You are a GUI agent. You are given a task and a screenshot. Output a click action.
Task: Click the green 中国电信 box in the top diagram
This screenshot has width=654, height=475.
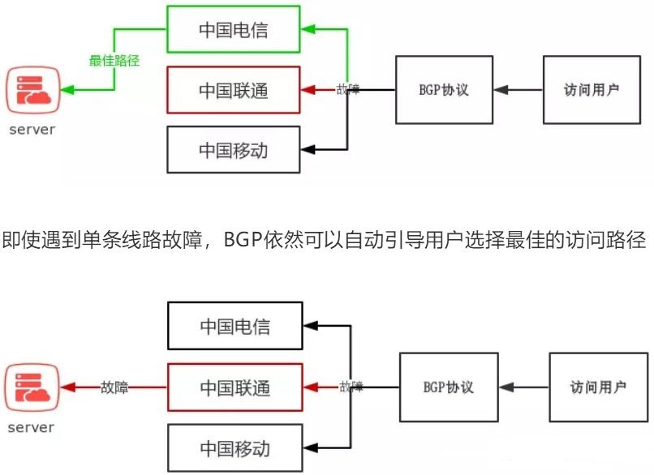tap(233, 31)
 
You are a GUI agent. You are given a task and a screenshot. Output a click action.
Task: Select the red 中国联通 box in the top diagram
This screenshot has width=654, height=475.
tap(233, 90)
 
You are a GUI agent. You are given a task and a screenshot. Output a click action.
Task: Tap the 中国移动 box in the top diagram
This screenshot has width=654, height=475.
tap(233, 150)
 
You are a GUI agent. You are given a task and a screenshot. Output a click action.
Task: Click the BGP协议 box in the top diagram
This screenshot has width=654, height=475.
tap(444, 89)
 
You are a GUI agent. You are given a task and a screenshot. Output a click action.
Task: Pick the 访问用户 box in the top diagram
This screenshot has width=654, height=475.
tap(592, 89)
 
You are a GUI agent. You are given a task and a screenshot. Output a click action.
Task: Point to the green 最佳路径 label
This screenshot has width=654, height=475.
tap(114, 60)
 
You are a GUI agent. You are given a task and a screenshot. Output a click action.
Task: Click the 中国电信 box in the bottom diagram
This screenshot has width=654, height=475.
tap(234, 327)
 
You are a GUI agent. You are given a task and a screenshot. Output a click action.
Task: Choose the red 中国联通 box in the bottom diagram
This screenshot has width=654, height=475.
tap(234, 387)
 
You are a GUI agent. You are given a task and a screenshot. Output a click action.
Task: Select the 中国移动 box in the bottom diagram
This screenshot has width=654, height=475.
tap(234, 447)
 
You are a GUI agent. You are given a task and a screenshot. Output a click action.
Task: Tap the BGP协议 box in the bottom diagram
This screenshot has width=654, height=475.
tap(449, 387)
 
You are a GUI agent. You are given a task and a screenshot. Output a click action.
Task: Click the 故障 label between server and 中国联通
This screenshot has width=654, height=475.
tap(115, 387)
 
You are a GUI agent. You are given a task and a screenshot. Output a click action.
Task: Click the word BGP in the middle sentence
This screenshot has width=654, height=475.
tap(243, 241)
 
